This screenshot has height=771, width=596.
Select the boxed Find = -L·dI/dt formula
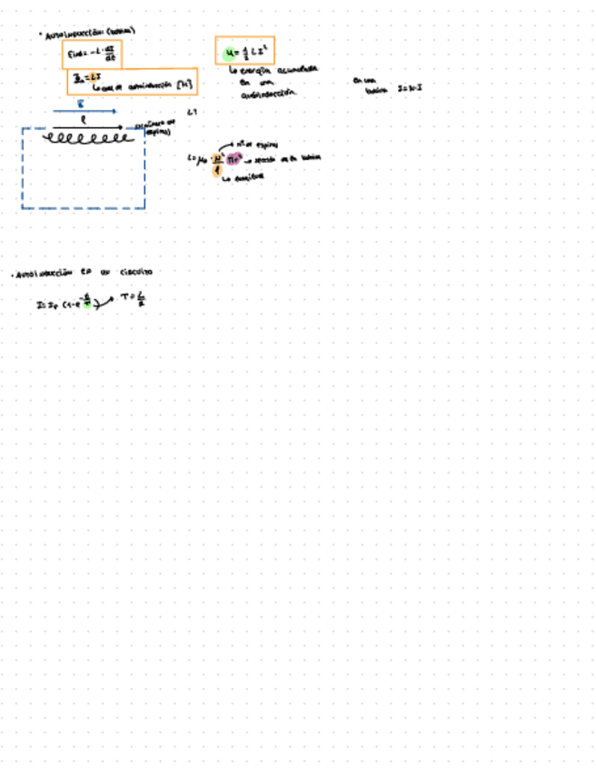click(x=91, y=55)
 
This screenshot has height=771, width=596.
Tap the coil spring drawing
click(x=87, y=139)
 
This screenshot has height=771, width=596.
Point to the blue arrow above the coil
click(x=84, y=111)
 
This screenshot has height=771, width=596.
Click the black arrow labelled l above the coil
click(x=84, y=126)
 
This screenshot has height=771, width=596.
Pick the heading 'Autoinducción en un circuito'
click(x=82, y=273)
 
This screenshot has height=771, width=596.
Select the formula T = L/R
click(x=133, y=299)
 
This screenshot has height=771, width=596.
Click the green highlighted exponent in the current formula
click(x=86, y=302)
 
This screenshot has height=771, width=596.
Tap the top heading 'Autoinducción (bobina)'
click(x=89, y=33)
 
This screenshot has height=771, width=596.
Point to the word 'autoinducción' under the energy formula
click(x=271, y=94)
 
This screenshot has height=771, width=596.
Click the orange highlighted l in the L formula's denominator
click(x=215, y=167)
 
